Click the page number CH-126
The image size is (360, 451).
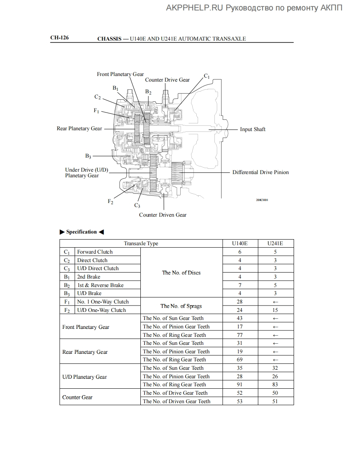pos(59,38)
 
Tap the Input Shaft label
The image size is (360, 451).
pos(253,129)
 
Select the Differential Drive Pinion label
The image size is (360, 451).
pos(260,172)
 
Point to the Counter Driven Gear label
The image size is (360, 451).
pos(163,215)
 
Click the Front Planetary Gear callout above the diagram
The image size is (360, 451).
pos(120,74)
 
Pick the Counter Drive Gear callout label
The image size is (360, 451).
pos(167,80)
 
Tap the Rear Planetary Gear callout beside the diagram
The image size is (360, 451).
pos(79,129)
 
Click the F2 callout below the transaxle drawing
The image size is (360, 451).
pos(110,201)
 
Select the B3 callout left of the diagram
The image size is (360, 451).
pos(88,156)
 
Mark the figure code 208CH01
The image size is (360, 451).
pos(262,200)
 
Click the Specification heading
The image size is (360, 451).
pos(81,232)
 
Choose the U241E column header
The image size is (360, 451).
pos(275,244)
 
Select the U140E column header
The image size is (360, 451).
pos(240,244)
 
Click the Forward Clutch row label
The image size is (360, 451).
pos(95,252)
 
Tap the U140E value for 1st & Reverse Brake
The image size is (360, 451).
pos(240,285)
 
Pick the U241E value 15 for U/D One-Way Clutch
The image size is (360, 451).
pos(275,310)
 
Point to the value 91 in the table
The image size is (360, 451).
pos(240,385)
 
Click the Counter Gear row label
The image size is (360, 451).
pos(77,397)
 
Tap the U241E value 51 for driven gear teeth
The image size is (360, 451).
pos(275,401)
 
